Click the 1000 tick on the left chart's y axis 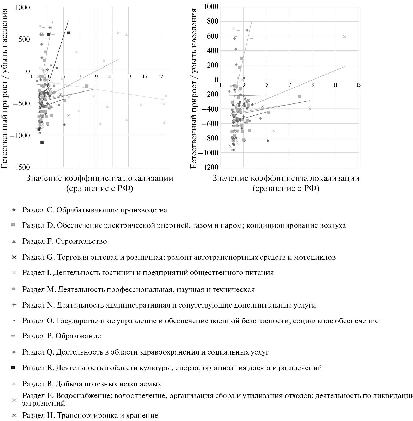22,7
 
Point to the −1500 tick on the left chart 20,167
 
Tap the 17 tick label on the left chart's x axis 161,77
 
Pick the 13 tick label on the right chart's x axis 358,85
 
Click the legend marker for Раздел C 14,210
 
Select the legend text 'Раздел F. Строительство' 64,241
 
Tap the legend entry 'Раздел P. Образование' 62,336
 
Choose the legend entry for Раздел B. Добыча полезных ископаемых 92,384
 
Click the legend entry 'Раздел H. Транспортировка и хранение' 90,415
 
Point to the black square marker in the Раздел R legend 14,368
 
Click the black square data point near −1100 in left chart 42,142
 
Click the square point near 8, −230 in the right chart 299,97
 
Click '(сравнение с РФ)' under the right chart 286,188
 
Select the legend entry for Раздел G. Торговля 179,257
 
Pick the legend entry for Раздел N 169,305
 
